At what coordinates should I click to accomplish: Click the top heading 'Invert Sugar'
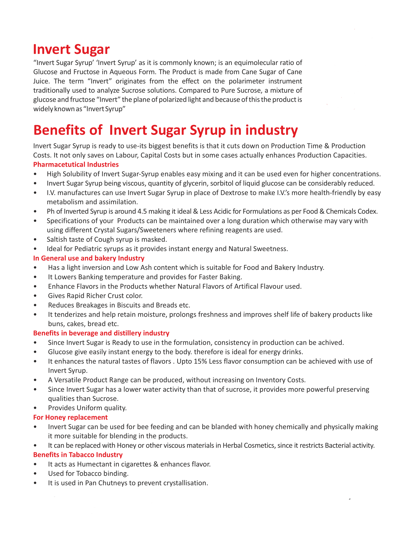point(71,49)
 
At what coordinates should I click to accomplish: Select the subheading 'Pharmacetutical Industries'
point(76,164)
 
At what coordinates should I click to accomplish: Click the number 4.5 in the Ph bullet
point(142,211)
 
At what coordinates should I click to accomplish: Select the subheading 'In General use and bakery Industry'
point(89,258)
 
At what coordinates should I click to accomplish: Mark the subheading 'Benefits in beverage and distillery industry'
point(101,333)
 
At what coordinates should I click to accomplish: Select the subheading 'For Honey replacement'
point(70,418)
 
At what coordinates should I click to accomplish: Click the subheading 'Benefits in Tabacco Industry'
point(78,455)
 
